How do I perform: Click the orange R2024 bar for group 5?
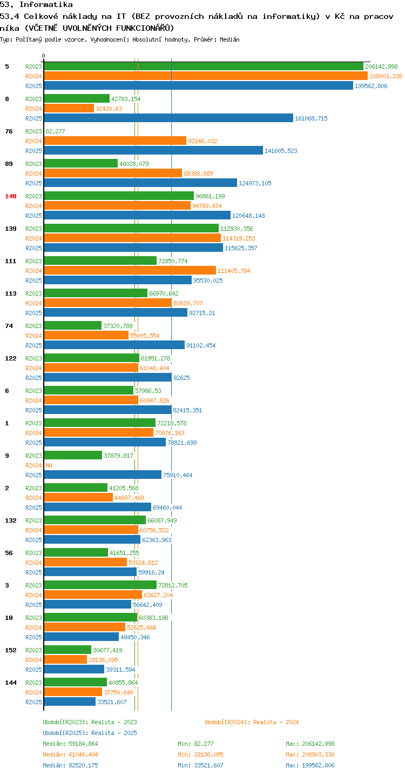pos(206,76)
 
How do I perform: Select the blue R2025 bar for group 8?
pos(168,118)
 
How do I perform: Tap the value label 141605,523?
pos(281,151)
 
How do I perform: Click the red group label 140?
pos(11,196)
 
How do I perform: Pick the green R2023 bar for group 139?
pos(131,229)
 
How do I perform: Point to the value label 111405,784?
pos(234,271)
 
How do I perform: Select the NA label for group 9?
pos(49,465)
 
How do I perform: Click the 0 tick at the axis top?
pos(43,56)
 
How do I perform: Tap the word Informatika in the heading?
pos(46,4)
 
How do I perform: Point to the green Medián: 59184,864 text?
pos(71,744)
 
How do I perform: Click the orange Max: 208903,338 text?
pos(310,754)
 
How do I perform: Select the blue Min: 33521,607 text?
pos(200,765)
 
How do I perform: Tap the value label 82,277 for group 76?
pos(55,131)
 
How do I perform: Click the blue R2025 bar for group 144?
pos(70,701)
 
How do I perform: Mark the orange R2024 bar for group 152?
pos(65,659)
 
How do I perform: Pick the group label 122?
pos(11,358)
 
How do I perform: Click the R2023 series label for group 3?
pos(33,585)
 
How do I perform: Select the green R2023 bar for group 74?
pos(72,325)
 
